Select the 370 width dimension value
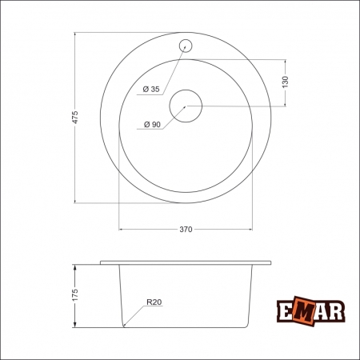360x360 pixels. [186, 230]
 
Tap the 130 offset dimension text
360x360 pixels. [286, 82]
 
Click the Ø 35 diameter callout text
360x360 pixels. [151, 89]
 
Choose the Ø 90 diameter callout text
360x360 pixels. [151, 125]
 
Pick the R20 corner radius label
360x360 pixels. [154, 302]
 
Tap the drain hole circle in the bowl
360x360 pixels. [186, 105]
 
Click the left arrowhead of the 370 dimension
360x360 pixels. [122, 230]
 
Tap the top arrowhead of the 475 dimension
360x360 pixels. [74, 36]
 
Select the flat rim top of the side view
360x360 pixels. [186, 262]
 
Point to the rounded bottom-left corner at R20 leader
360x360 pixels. [125, 324]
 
